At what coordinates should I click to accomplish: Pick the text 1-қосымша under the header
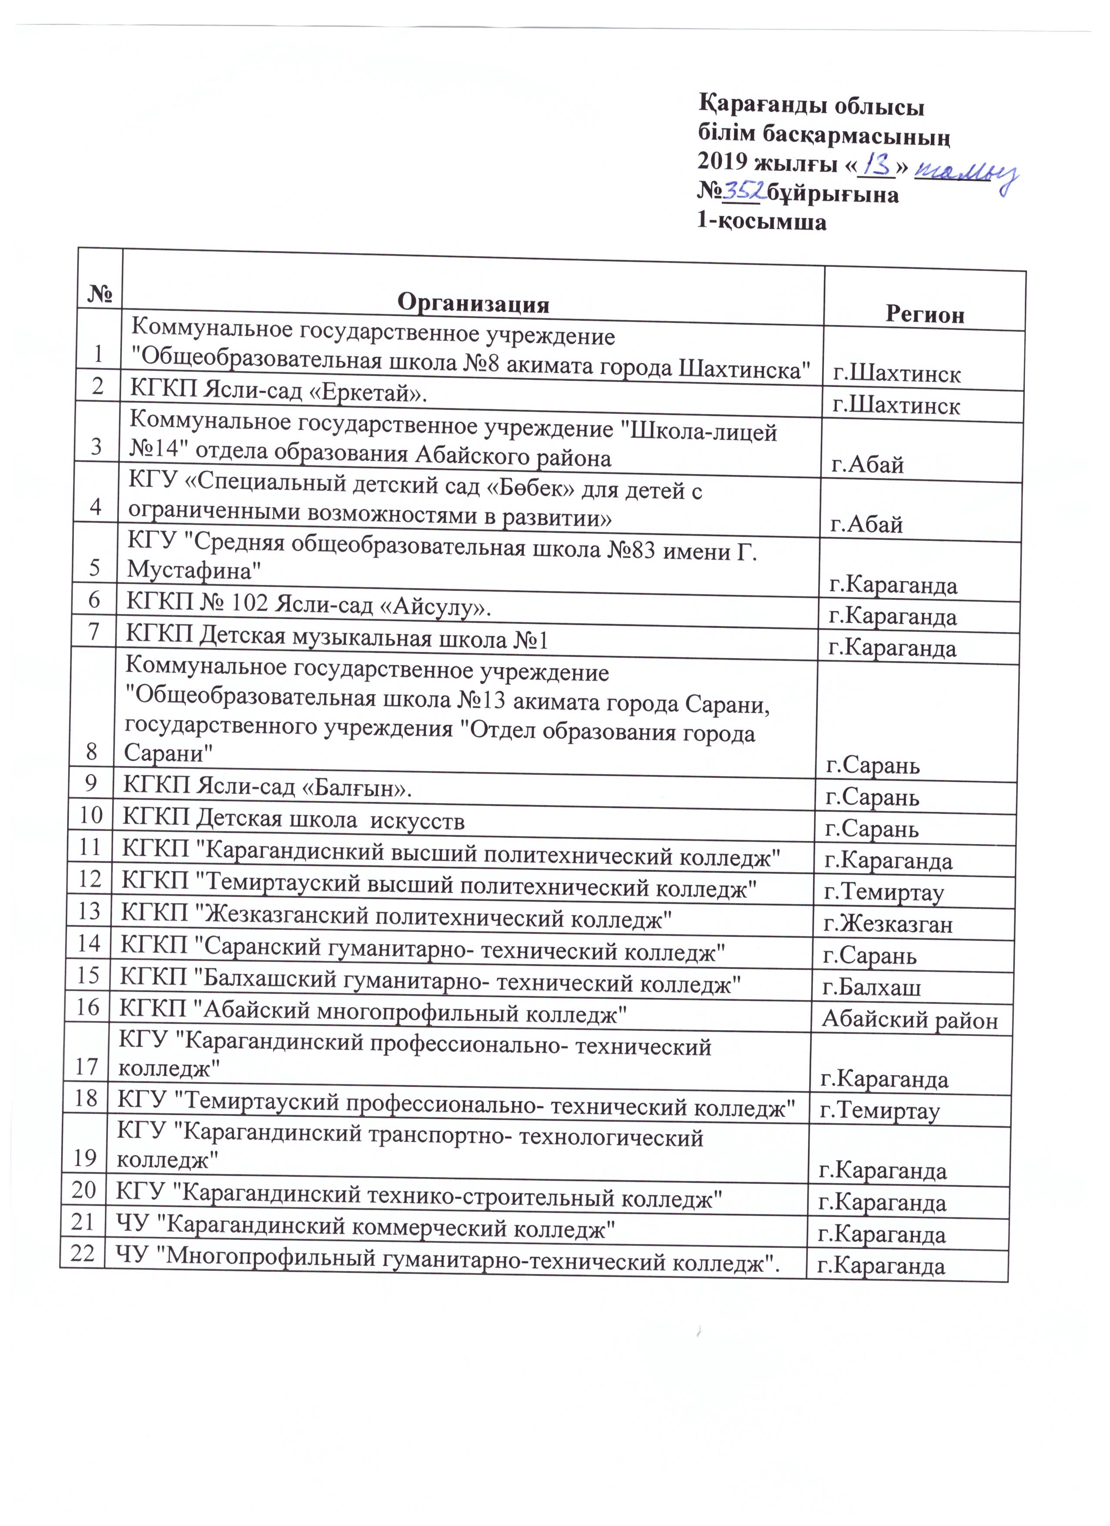click(761, 221)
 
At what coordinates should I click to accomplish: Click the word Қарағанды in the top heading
click(757, 108)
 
